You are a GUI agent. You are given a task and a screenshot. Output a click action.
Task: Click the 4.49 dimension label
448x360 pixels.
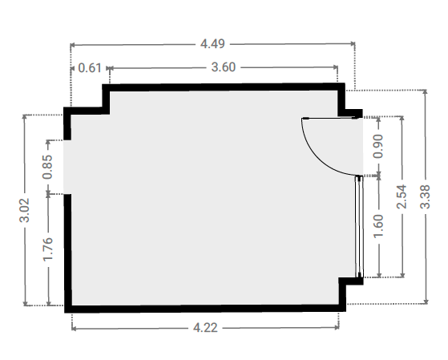212,44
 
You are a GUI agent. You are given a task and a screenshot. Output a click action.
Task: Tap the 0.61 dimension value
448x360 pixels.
90,68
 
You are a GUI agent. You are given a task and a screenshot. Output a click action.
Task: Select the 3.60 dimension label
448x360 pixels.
224,67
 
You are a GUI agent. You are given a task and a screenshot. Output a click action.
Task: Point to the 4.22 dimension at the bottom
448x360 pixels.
205,328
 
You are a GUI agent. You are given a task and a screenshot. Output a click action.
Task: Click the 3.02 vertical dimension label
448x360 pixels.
25,210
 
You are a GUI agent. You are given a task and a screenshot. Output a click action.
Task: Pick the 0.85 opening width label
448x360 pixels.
47,167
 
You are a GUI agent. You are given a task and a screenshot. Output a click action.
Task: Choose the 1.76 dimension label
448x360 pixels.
48,249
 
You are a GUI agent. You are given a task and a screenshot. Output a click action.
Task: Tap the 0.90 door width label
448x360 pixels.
378,146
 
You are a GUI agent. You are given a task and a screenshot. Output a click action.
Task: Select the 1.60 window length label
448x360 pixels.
378,226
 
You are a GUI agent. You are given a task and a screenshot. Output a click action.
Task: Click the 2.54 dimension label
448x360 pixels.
402,196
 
